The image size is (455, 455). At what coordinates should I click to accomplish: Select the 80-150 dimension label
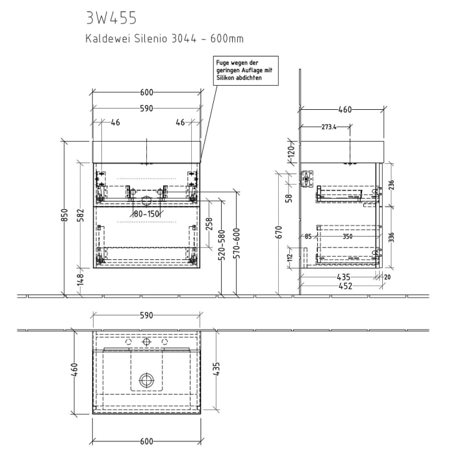[x=147, y=213]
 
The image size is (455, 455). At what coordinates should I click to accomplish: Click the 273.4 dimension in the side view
[x=329, y=127]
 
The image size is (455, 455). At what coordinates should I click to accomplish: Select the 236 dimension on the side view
[x=391, y=185]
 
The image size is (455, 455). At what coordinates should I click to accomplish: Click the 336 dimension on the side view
[x=391, y=237]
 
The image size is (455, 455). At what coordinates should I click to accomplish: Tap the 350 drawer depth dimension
[x=347, y=237]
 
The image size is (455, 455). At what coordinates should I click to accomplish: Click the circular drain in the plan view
[x=148, y=380]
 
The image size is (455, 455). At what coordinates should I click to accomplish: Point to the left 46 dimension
[x=116, y=122]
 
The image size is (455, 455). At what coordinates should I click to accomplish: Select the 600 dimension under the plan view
[x=147, y=441]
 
